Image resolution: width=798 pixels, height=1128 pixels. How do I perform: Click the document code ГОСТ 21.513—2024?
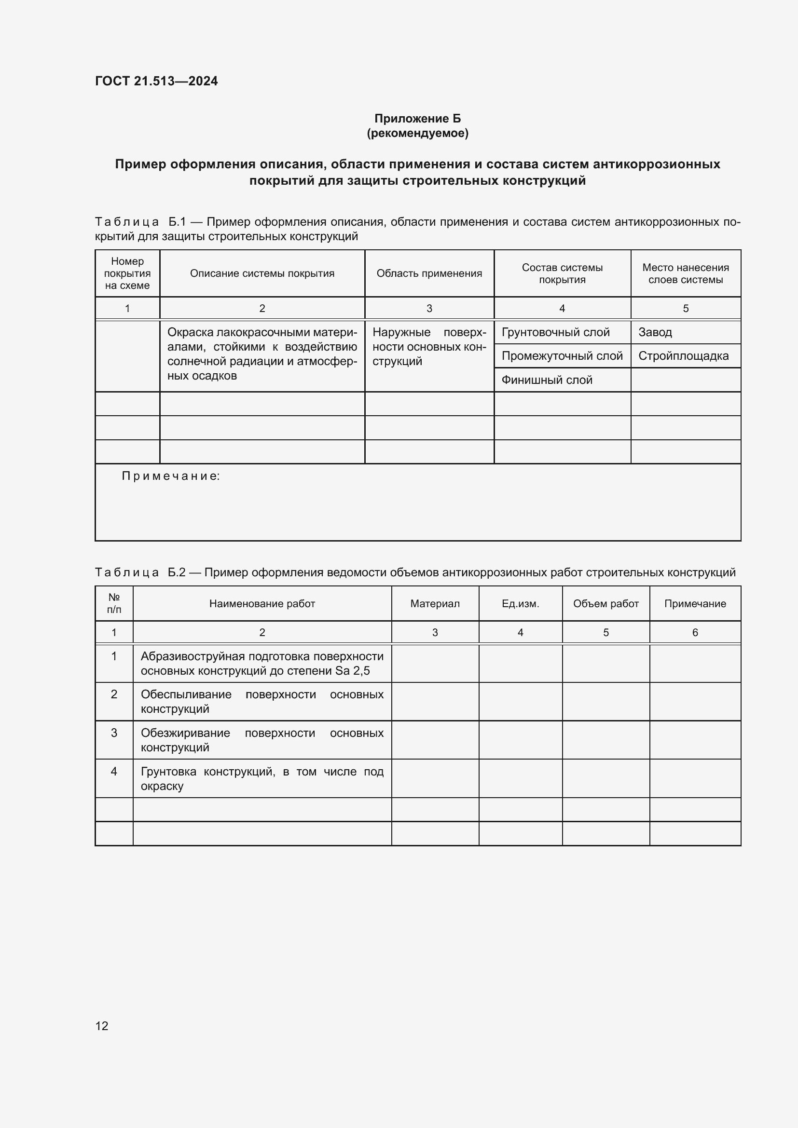pyautogui.click(x=156, y=81)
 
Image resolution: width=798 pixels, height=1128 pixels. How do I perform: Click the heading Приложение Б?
pyautogui.click(x=417, y=119)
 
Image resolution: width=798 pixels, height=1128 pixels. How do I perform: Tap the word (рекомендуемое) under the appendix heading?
pyautogui.click(x=417, y=133)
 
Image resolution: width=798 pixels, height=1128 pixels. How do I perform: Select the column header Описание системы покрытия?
pyautogui.click(x=262, y=273)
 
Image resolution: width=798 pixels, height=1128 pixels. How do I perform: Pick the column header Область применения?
pyautogui.click(x=429, y=273)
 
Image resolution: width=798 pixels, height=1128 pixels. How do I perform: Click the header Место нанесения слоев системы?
pyautogui.click(x=685, y=273)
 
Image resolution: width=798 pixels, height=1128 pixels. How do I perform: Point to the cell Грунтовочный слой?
pyautogui.click(x=555, y=333)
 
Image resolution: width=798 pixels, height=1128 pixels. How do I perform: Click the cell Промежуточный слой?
pyautogui.click(x=562, y=356)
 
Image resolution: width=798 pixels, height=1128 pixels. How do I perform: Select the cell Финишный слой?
pyautogui.click(x=547, y=380)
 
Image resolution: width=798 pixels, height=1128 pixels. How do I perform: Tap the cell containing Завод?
pyautogui.click(x=655, y=333)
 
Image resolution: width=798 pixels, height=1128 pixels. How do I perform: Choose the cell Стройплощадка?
pyautogui.click(x=683, y=356)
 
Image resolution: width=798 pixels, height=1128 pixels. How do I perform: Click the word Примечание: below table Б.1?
pyautogui.click(x=170, y=476)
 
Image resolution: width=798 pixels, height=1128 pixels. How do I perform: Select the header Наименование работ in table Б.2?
pyautogui.click(x=262, y=604)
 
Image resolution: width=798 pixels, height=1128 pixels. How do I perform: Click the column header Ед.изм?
pyautogui.click(x=520, y=604)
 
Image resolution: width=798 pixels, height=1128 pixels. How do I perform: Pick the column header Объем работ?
pyautogui.click(x=605, y=604)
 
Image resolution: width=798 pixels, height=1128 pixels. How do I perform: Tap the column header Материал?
pyautogui.click(x=435, y=604)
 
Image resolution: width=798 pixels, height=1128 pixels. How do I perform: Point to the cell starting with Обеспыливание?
pyautogui.click(x=262, y=702)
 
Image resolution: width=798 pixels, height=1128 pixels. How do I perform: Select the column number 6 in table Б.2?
pyautogui.click(x=695, y=633)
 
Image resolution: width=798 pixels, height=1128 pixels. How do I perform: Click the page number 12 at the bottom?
pyautogui.click(x=102, y=1026)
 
